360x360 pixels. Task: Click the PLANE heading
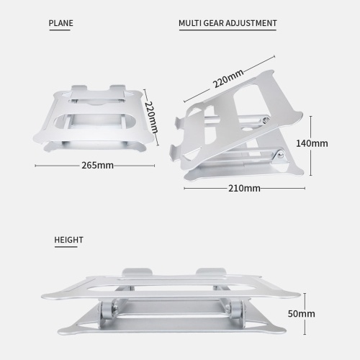pos(61,23)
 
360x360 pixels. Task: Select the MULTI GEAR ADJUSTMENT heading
pos(228,23)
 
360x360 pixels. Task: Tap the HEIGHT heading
pos(68,240)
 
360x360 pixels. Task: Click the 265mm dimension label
pos(97,166)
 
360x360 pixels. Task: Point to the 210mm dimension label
pos(244,189)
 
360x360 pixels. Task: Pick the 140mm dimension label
pos(312,143)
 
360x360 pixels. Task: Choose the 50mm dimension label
pos(302,314)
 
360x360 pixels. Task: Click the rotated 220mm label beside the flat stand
pos(152,117)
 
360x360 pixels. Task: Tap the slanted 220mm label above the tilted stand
pos(228,78)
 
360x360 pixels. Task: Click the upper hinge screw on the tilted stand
pos(266,120)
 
